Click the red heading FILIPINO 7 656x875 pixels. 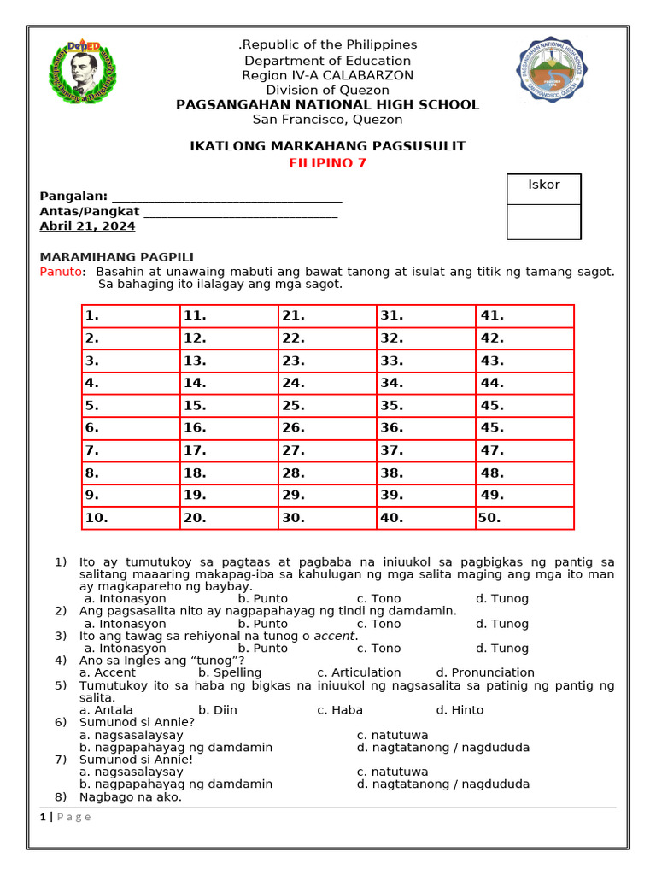click(x=327, y=163)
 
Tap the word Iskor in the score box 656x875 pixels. click(x=543, y=185)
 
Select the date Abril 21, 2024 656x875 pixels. click(x=87, y=226)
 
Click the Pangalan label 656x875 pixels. click(x=73, y=197)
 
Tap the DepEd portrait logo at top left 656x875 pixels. click(x=83, y=73)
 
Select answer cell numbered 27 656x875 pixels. click(x=327, y=450)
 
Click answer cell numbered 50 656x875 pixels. click(x=524, y=518)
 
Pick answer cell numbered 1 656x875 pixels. click(x=131, y=315)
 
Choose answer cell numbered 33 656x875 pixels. click(x=425, y=361)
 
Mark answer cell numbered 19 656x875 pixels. click(x=229, y=495)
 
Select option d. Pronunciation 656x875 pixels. click(x=485, y=672)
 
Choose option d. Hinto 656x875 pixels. click(x=460, y=710)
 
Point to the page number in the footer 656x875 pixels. click(x=43, y=817)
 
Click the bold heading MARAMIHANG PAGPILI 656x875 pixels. click(x=117, y=257)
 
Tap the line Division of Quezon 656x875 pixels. click(x=327, y=90)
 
